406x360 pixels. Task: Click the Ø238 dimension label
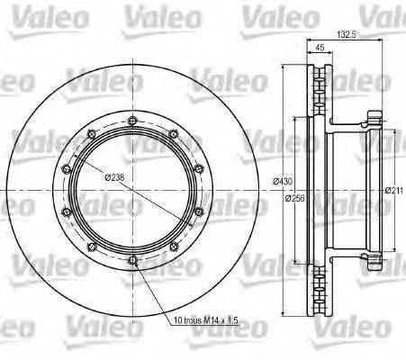(x=114, y=177)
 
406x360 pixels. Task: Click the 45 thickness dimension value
(x=320, y=49)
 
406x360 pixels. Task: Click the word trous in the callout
(x=199, y=320)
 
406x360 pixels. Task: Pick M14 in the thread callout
(x=221, y=320)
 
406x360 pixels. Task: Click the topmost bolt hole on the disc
(x=133, y=121)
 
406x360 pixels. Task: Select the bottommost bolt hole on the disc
(x=133, y=261)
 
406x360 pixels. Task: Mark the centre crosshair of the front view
(x=133, y=191)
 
